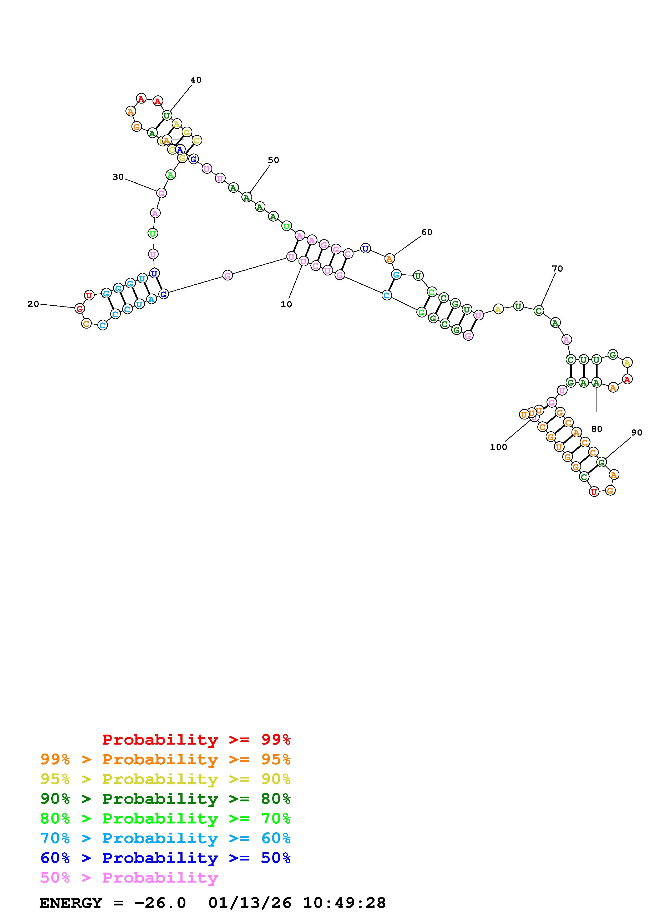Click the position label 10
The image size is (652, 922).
[x=286, y=304]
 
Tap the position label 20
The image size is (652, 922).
[x=33, y=304]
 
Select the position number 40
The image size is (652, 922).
[x=196, y=80]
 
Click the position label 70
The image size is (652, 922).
[x=557, y=269]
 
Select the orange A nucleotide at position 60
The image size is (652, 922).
[x=389, y=259]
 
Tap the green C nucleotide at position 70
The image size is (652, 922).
[x=539, y=310]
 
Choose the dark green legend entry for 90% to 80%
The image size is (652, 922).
[x=165, y=799]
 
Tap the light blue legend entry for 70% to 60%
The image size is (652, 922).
[x=165, y=838]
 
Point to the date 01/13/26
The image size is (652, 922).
[x=250, y=903]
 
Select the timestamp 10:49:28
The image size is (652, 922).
[x=344, y=903]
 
